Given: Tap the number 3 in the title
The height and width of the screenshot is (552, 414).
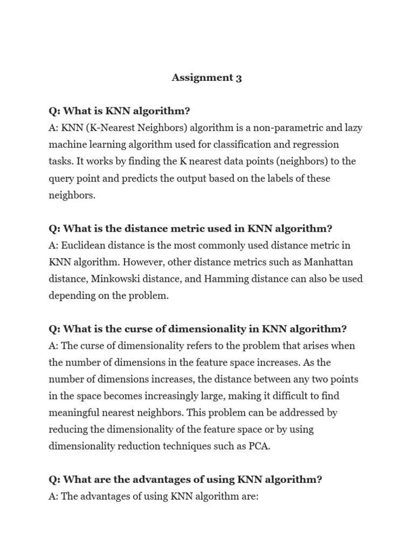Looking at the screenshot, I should click(239, 78).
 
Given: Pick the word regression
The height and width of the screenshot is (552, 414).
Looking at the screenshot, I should click(316, 144).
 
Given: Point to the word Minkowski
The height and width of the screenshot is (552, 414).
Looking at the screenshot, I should click(116, 279).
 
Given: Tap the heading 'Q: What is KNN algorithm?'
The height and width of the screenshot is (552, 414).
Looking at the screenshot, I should click(119, 111).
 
